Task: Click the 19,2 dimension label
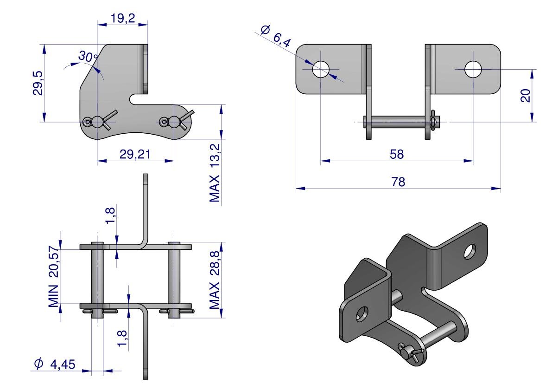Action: pyautogui.click(x=123, y=19)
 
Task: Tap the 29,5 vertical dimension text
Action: pyautogui.click(x=38, y=83)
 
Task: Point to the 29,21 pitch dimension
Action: pyautogui.click(x=135, y=155)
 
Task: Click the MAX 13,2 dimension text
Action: pyautogui.click(x=214, y=173)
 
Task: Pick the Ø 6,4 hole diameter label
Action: pyautogui.click(x=276, y=36)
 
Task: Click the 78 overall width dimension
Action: pyautogui.click(x=398, y=182)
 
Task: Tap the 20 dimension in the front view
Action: pyautogui.click(x=526, y=95)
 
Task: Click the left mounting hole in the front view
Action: pyautogui.click(x=320, y=70)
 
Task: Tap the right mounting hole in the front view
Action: pyautogui.click(x=473, y=70)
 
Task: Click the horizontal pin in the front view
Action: pyautogui.click(x=397, y=122)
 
